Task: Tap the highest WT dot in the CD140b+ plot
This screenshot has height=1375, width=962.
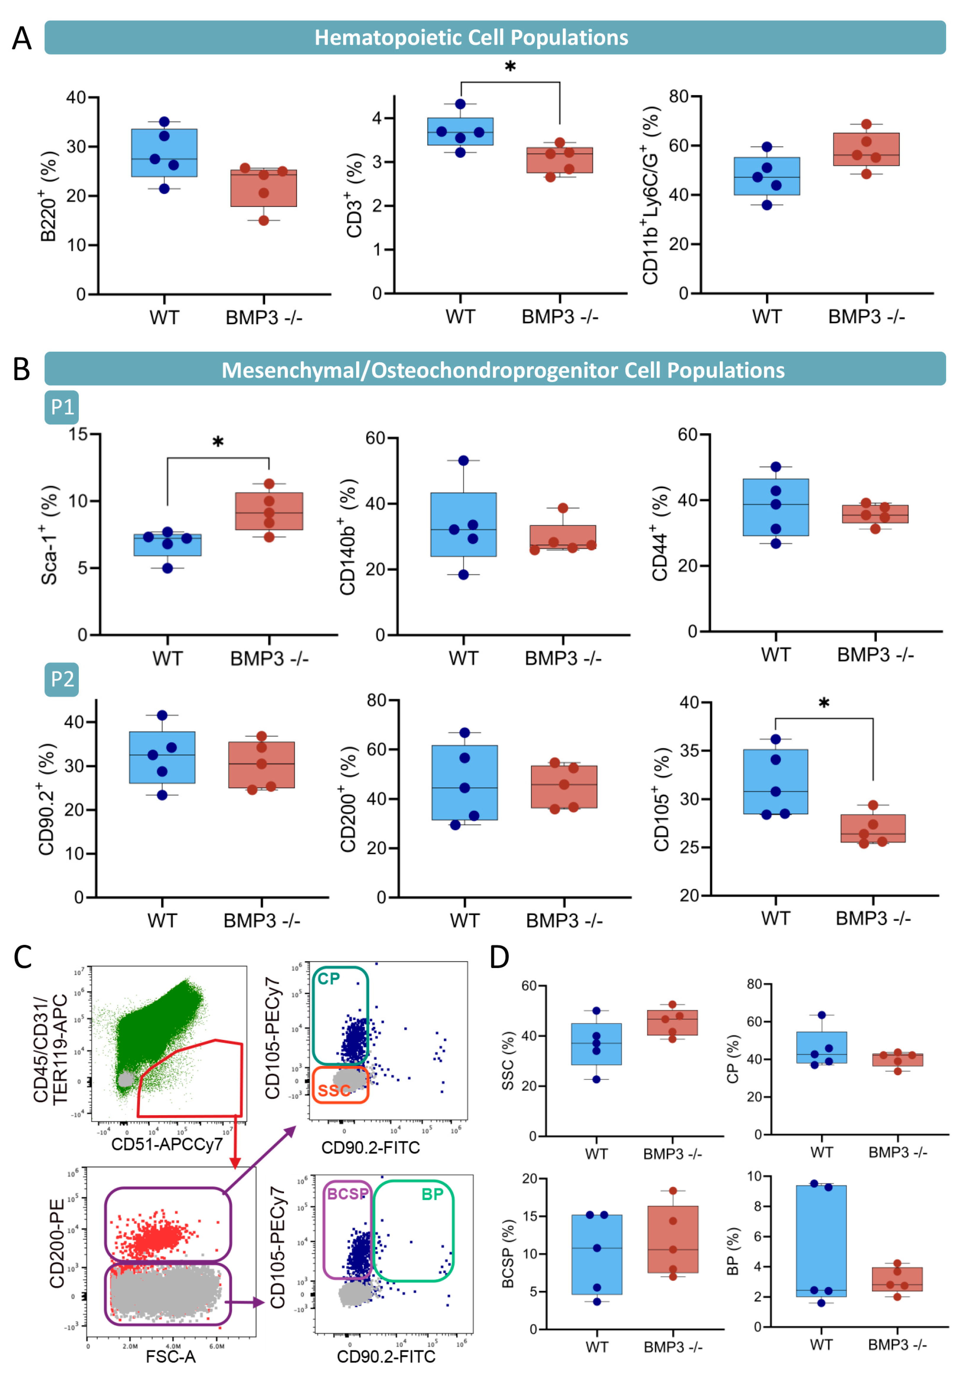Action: [463, 461]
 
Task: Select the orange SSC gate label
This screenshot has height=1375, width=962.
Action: [333, 1091]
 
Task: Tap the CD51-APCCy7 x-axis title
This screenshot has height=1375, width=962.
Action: [167, 1144]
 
